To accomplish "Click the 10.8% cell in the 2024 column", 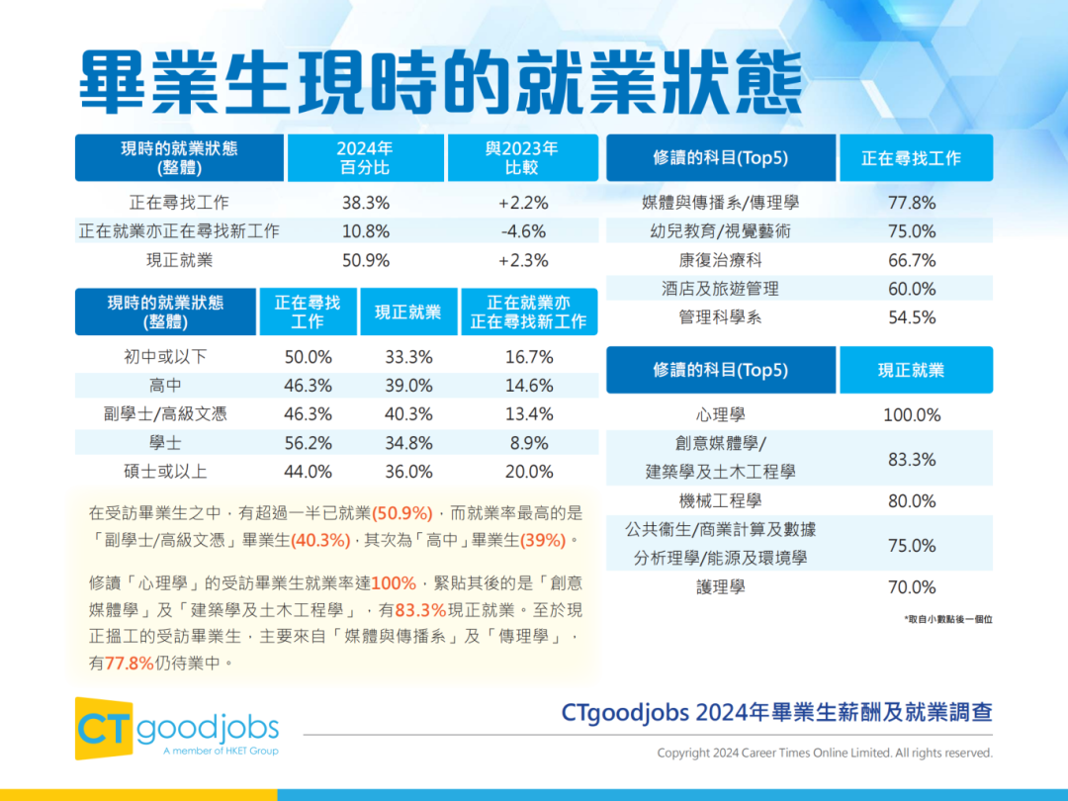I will pos(365,231).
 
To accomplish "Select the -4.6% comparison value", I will pos(523,231).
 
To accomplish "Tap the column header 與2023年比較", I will pos(522,158).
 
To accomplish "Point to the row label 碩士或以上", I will pos(166,472).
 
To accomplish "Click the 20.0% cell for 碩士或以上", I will pos(528,472).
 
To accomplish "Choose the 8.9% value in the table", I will pos(528,443).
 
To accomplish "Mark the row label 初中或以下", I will pos(166,357).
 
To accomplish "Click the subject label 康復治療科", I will pos(720,260).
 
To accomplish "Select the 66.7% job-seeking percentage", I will pos(911,260).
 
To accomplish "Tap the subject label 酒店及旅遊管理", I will pos(720,289).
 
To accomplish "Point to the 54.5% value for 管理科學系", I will pos(911,317).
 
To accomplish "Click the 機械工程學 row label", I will pos(720,501).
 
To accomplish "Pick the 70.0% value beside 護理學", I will pos(911,587).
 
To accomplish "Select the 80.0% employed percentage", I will pos(911,501).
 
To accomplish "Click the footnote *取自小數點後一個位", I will pos(947,619).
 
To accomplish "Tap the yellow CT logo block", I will pos(105,728).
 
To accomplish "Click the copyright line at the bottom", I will pos(825,754).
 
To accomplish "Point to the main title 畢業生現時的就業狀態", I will pos(440,82).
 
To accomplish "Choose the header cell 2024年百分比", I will pos(365,158).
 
